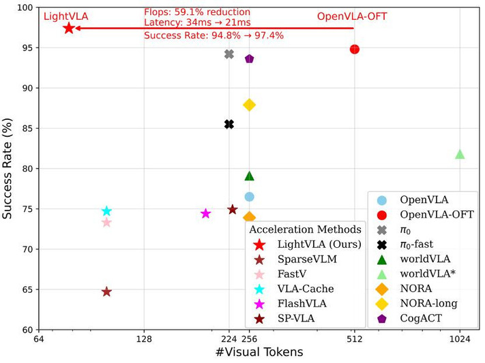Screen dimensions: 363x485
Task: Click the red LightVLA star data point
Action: pos(68,28)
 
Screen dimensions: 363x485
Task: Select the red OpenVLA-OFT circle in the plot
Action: pos(355,49)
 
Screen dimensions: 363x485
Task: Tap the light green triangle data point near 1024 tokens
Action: pos(460,154)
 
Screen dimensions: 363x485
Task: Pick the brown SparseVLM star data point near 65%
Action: pos(106,291)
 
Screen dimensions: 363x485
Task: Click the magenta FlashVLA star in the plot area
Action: pos(205,213)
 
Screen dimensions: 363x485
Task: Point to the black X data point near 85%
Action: pos(229,124)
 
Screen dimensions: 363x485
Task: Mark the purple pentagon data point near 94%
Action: pos(249,59)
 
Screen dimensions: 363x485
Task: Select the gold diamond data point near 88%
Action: pos(249,105)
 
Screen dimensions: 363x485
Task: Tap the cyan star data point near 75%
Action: pos(106,211)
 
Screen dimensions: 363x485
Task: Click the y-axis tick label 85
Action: pos(27,128)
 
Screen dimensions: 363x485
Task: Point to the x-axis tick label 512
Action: pos(355,339)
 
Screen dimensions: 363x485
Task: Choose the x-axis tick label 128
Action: pos(144,339)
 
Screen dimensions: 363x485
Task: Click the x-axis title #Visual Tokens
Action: pos(259,352)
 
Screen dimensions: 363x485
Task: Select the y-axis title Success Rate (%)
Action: pos(10,168)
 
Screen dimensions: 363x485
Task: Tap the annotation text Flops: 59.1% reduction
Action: pos(197,12)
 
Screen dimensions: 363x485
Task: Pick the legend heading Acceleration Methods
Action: pos(306,230)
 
